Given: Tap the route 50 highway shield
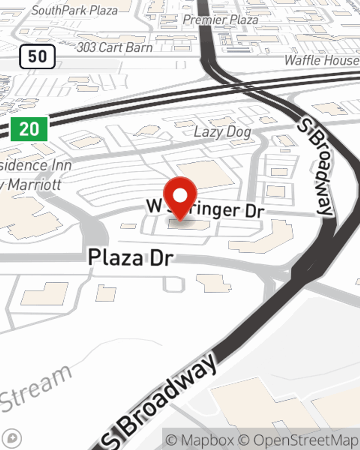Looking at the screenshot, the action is (37, 57).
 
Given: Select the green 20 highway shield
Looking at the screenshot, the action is (29, 129).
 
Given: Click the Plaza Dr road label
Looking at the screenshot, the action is (131, 258).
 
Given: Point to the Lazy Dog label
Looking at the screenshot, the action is (222, 132).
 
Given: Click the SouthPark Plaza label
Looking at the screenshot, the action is (75, 10).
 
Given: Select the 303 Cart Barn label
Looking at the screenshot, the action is (114, 47).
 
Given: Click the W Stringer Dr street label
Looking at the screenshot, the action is (206, 209).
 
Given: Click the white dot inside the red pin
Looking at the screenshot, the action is (180, 195).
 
